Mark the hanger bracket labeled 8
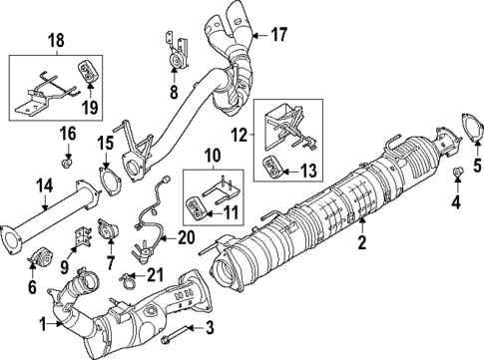click(x=177, y=58)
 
